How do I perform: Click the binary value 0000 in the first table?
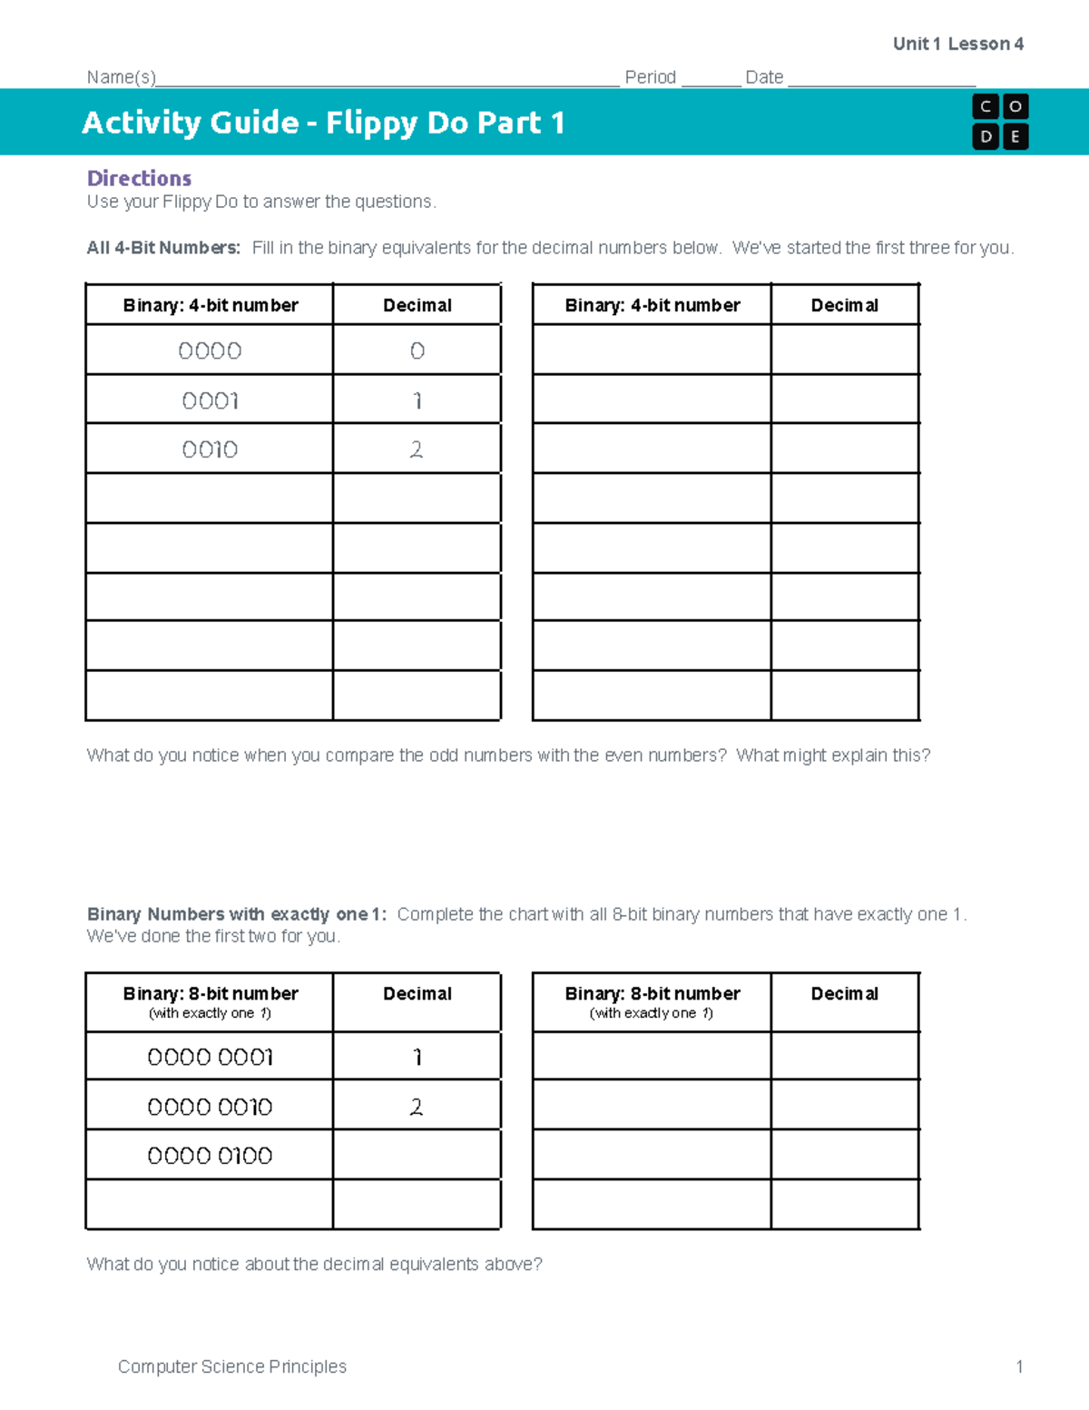point(210,351)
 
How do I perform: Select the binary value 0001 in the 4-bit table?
point(210,400)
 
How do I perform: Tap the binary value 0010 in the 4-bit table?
point(210,449)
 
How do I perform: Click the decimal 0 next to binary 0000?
point(417,351)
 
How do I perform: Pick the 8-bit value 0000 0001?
point(210,1057)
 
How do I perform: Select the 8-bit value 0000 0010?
point(210,1107)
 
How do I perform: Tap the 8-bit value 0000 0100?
point(210,1156)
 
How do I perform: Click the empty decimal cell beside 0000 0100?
point(417,1155)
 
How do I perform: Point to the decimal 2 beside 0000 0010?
point(417,1107)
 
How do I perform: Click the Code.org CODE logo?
point(1000,122)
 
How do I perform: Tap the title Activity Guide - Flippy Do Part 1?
point(323,123)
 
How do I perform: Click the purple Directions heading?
point(139,178)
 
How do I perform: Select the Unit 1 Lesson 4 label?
point(958,44)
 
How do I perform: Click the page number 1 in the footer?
point(1020,1366)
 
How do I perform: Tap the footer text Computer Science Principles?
point(232,1366)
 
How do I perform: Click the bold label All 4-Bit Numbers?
point(163,248)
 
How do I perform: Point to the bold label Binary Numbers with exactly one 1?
point(236,914)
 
